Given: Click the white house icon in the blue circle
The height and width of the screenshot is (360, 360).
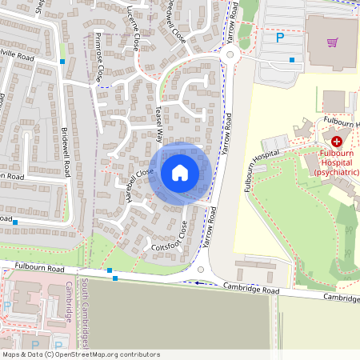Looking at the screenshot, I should click(180, 172).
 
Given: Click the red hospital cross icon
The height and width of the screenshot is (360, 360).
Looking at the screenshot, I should click(336, 140).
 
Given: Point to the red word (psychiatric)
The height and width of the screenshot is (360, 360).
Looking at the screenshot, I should click(337, 172).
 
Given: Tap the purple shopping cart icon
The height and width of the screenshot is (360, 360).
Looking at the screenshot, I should click(332, 42).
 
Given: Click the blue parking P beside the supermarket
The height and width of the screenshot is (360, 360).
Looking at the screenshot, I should click(280, 37).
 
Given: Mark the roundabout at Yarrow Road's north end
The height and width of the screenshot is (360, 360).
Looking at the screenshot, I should click(231, 56).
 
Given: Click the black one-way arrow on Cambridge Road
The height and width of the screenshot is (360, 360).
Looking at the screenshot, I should click(199, 282).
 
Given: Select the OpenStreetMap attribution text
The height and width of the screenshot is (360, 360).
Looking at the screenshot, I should click(80, 354).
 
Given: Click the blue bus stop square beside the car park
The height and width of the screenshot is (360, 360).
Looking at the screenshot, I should click(293, 60).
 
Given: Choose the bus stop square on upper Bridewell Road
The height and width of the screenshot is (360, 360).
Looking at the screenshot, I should click(62, 61).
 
